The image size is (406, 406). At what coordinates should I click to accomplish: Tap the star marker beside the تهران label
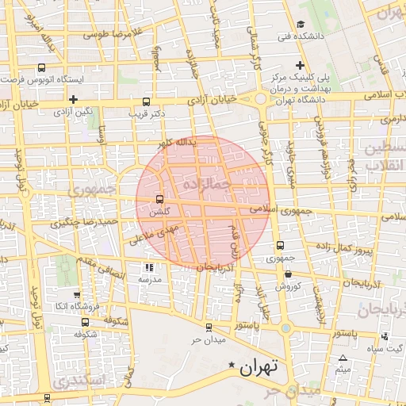(x=232, y=366)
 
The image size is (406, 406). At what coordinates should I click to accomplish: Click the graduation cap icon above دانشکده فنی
(x=300, y=25)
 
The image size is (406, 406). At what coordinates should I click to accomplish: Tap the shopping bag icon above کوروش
(x=287, y=274)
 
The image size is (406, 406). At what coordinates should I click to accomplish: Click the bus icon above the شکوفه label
(x=85, y=322)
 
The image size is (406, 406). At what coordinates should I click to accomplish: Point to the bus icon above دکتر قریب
(x=146, y=101)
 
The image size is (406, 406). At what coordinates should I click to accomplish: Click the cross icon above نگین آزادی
(x=73, y=100)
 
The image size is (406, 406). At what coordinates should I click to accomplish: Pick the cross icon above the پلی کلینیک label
(x=300, y=65)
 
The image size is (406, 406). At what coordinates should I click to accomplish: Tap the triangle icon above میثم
(x=343, y=358)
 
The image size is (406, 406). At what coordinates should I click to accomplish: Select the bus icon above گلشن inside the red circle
(x=160, y=199)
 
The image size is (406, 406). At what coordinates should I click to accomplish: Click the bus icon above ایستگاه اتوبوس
(x=41, y=68)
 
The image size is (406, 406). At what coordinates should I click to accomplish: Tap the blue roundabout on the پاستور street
(x=285, y=327)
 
